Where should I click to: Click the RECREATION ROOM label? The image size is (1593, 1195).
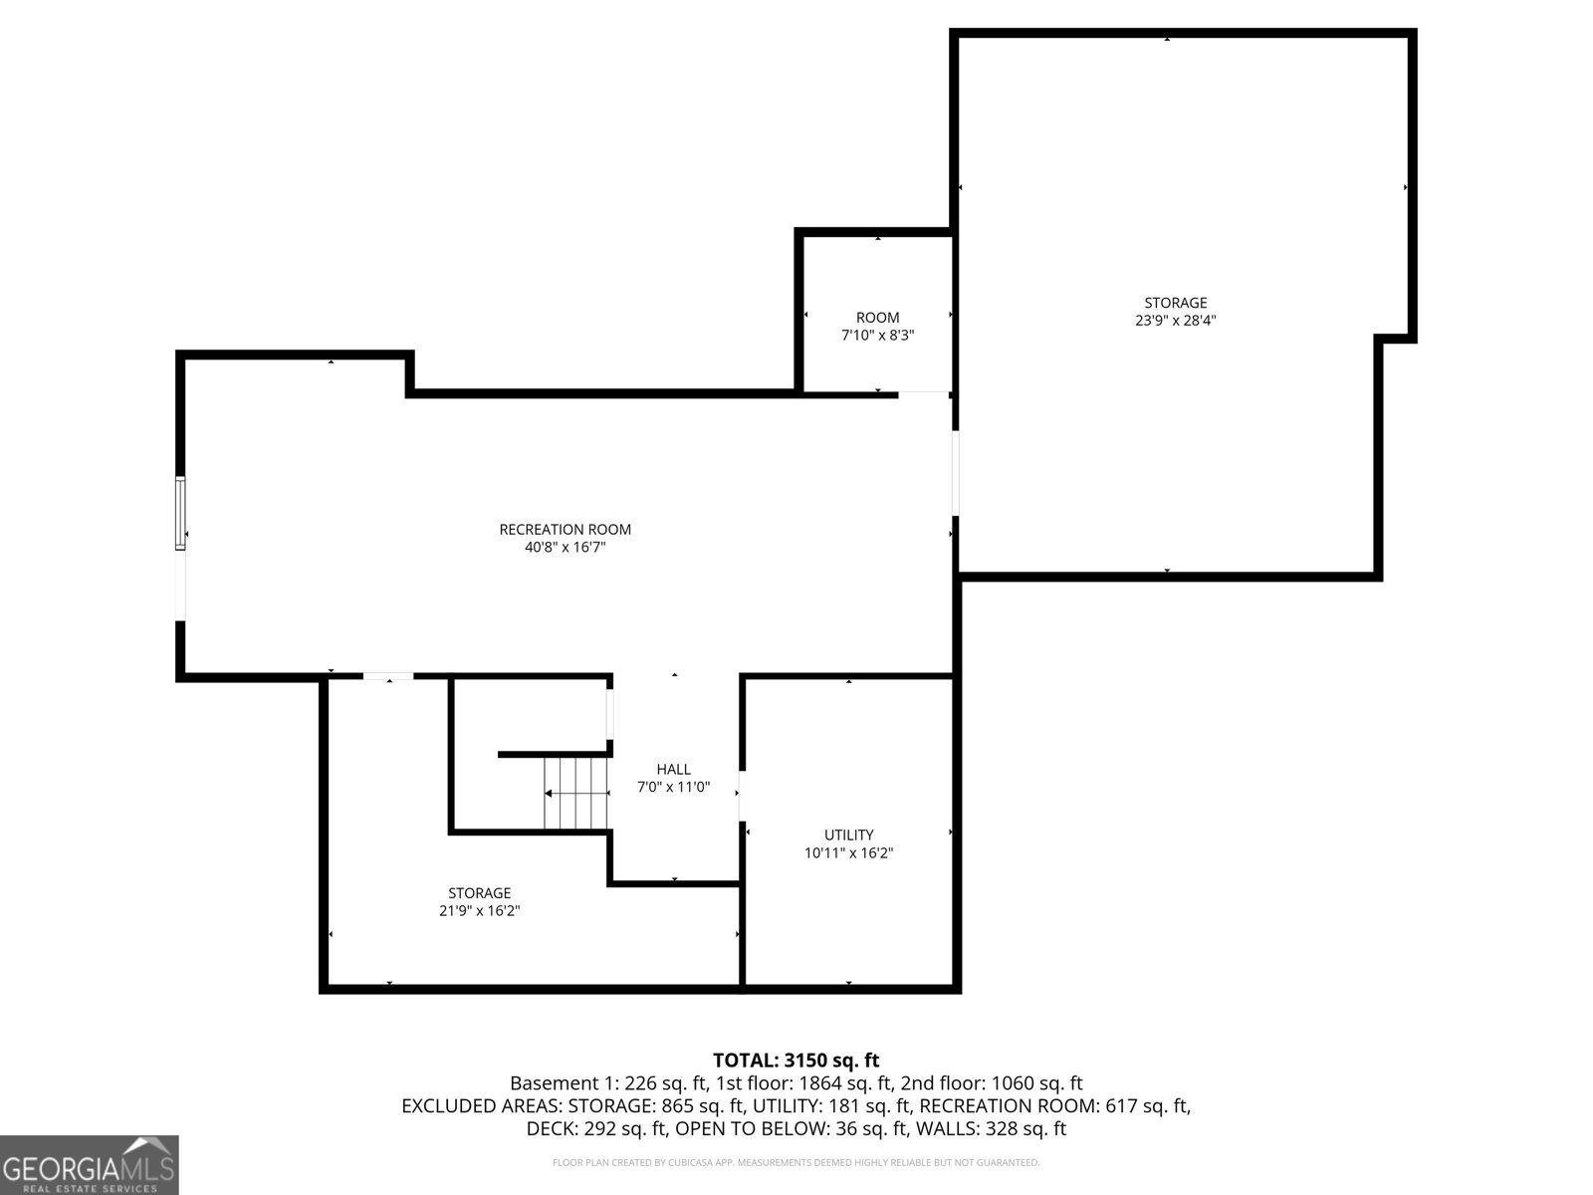(x=565, y=530)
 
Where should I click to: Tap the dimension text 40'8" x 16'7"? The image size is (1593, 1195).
(x=565, y=548)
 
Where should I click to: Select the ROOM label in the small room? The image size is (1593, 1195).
(x=877, y=318)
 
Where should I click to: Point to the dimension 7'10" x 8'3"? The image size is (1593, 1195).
(x=877, y=336)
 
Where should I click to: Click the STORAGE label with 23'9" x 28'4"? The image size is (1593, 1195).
(x=1175, y=303)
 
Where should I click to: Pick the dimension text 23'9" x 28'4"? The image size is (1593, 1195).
(x=1175, y=321)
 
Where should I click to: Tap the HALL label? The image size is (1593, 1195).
(x=673, y=769)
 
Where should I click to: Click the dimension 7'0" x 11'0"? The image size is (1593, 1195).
(x=673, y=787)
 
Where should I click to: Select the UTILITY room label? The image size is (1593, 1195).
(x=848, y=835)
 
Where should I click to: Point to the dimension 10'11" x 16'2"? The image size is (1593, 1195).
(x=848, y=852)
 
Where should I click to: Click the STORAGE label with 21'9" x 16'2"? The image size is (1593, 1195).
(x=479, y=893)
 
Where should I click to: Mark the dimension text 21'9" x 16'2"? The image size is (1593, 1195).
(x=479, y=911)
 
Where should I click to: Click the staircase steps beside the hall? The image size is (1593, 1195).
(x=576, y=793)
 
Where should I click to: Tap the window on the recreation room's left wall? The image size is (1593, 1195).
(x=180, y=513)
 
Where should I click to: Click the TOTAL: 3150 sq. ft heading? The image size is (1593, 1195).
(x=796, y=1061)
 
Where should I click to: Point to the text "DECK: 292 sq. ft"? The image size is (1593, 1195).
(x=596, y=1129)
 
